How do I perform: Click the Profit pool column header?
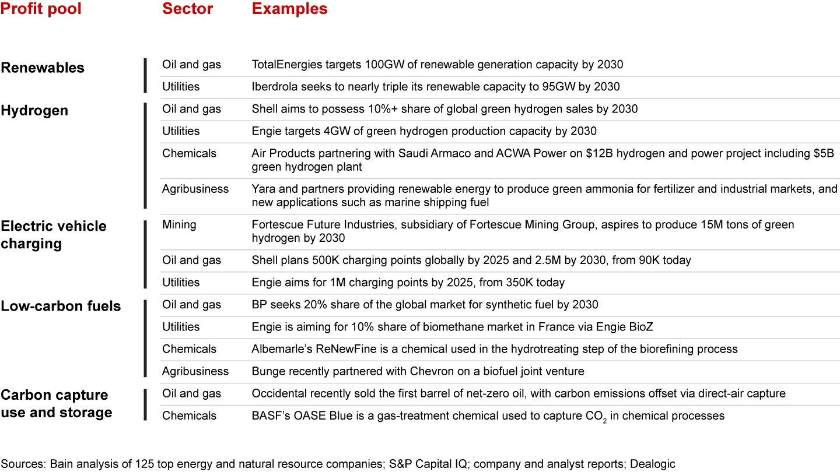click(x=41, y=9)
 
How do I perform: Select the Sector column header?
click(x=187, y=9)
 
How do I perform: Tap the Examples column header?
click(x=289, y=9)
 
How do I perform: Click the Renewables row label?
click(x=43, y=68)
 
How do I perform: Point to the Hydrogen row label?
click(x=34, y=110)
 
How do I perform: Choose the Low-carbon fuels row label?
click(x=61, y=306)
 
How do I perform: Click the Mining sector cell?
click(x=179, y=224)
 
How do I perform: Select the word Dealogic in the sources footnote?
click(x=651, y=464)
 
